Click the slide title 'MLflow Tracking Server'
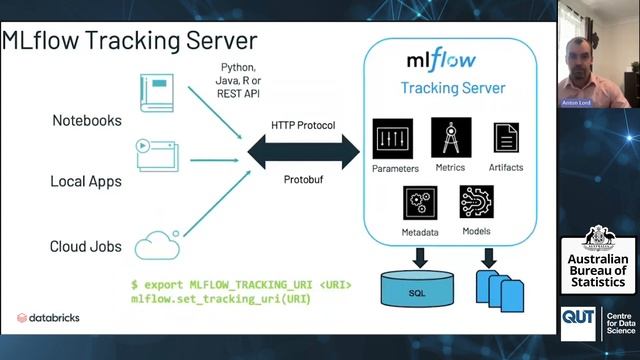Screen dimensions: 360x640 (x=129, y=41)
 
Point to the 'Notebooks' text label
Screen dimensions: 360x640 (x=87, y=121)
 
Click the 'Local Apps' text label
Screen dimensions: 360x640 (x=86, y=182)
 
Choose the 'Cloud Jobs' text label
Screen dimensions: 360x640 (x=86, y=246)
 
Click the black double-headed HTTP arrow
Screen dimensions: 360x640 (x=303, y=153)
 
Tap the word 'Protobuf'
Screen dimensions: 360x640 (x=302, y=182)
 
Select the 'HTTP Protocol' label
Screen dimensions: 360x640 (x=302, y=126)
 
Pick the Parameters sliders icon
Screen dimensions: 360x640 (x=392, y=138)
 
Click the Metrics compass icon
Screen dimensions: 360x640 (x=450, y=137)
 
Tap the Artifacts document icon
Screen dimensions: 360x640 (x=506, y=138)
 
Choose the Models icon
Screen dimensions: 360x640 (x=477, y=203)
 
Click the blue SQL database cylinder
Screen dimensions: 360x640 (x=416, y=289)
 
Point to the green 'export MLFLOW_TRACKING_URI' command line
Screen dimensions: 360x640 (x=241, y=285)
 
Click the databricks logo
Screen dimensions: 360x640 (x=49, y=318)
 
